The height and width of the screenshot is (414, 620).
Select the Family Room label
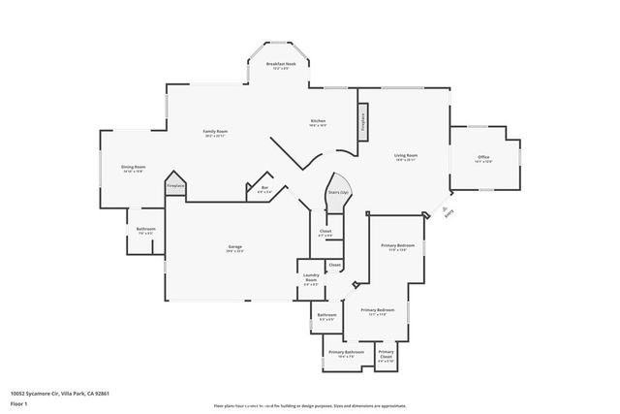point(215,133)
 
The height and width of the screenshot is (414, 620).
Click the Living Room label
point(405,157)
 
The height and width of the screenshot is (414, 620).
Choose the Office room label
point(483,158)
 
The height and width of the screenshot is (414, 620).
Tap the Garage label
point(234,249)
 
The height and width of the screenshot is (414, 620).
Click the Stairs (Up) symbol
point(338,193)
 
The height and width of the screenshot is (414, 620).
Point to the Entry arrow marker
point(445,209)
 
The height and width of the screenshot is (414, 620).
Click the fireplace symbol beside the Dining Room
point(175,186)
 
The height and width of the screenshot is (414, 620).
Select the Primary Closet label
point(386,354)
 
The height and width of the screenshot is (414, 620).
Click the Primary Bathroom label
point(346,354)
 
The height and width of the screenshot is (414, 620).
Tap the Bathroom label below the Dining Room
point(145,230)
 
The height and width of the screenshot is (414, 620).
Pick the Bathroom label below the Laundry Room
point(326,316)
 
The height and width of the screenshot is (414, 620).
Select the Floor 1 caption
point(18,404)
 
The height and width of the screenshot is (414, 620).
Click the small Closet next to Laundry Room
point(334,265)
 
